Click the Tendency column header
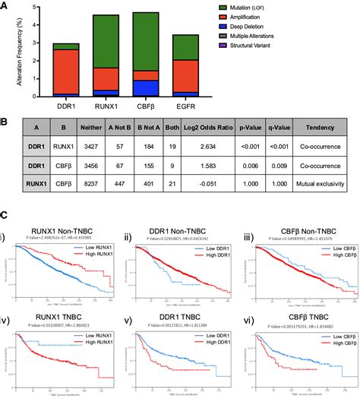click(x=324, y=128)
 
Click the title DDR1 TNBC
click(x=179, y=315)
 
